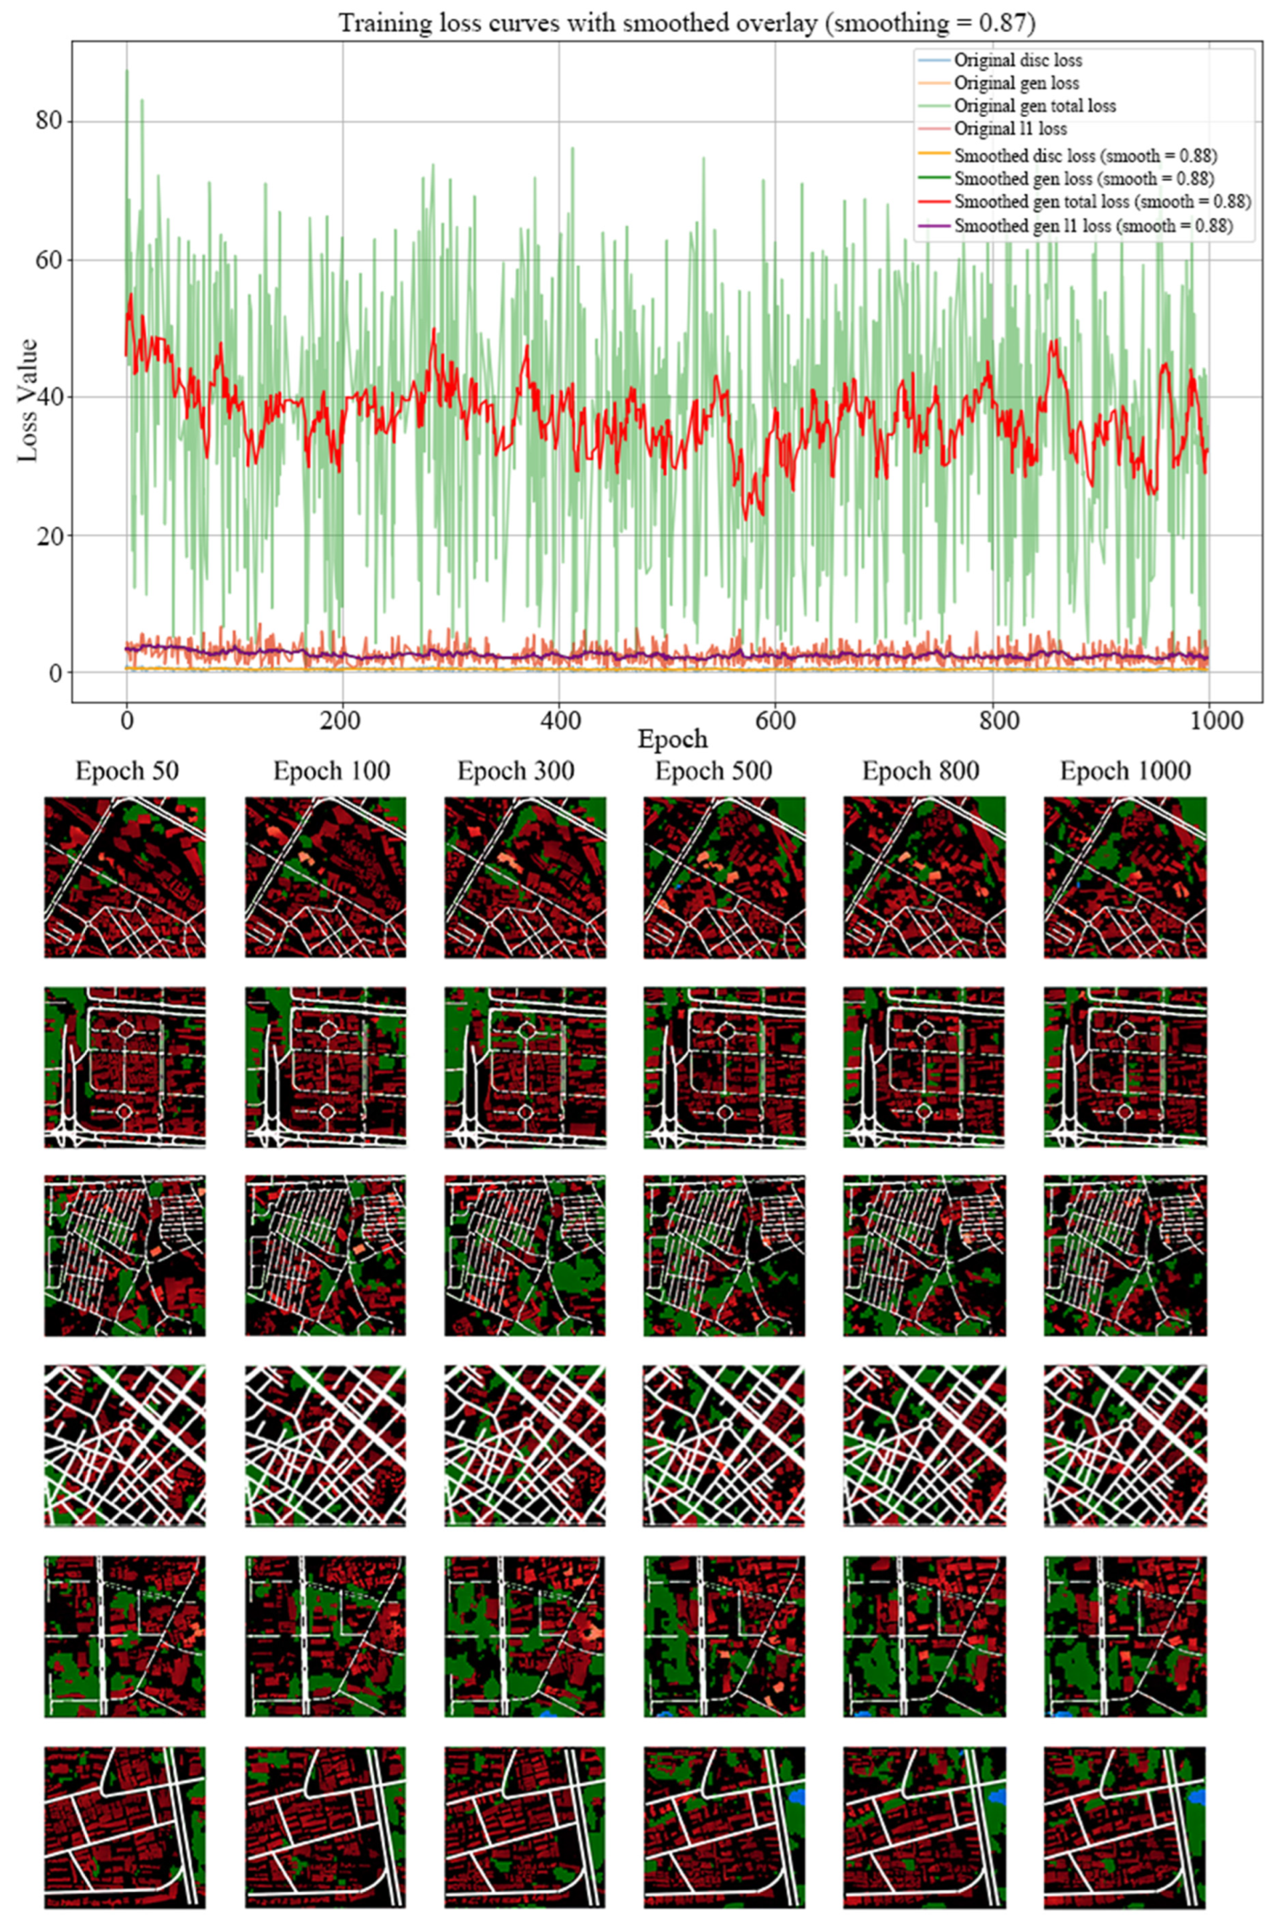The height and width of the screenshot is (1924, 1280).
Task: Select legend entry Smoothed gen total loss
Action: point(1101,201)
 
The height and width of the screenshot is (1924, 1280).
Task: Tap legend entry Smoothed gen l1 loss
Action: point(1091,226)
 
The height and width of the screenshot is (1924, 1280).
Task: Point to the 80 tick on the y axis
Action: point(51,122)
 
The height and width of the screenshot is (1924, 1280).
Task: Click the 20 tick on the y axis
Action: point(51,536)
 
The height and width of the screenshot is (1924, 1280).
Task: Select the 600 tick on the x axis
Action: point(775,720)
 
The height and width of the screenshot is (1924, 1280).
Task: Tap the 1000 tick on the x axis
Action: point(1209,720)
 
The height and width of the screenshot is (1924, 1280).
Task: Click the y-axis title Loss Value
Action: point(29,400)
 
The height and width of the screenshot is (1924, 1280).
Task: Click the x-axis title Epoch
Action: point(672,740)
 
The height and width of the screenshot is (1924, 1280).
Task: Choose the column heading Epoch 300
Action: point(516,771)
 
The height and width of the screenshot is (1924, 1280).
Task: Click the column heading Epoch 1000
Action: point(1125,771)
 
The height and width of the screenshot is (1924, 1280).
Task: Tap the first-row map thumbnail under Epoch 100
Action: point(325,877)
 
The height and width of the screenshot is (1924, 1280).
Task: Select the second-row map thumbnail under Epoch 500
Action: point(724,1066)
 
